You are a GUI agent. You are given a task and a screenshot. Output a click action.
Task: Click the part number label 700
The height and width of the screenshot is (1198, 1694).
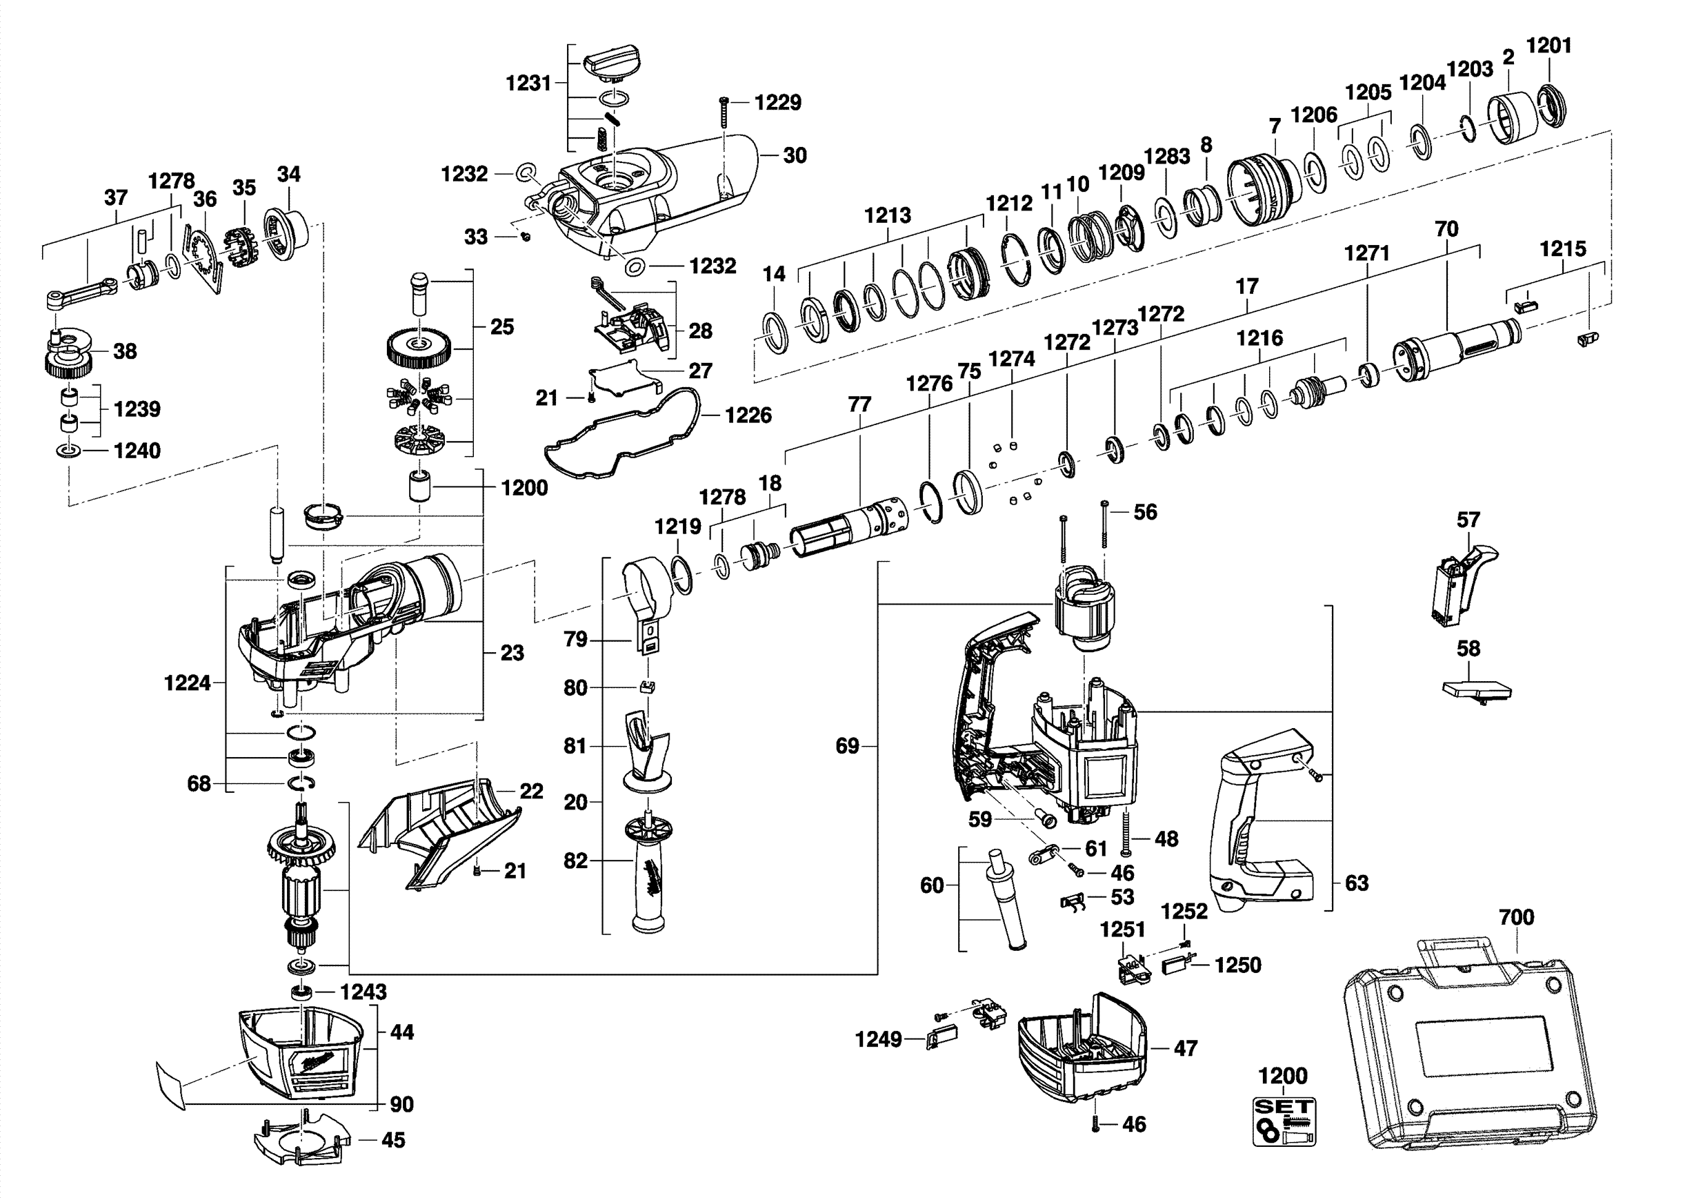[x=1516, y=918]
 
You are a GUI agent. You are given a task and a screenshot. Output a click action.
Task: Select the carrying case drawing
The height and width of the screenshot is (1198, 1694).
[x=1468, y=1048]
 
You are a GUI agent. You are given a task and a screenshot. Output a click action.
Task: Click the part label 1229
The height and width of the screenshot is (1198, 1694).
[x=777, y=103]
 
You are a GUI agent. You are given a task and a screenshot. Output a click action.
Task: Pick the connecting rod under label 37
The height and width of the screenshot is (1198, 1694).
[x=81, y=292]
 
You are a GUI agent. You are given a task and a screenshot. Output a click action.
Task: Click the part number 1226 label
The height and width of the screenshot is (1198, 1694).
[x=748, y=415]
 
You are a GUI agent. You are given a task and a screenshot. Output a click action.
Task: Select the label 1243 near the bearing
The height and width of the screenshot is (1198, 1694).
[x=363, y=992]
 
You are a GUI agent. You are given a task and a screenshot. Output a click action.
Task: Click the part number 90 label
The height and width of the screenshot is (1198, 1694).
[x=401, y=1104]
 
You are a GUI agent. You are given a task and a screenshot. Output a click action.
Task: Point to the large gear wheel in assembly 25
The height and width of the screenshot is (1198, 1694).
[x=419, y=348]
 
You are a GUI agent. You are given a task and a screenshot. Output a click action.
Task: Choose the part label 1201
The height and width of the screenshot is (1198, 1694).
[x=1548, y=46]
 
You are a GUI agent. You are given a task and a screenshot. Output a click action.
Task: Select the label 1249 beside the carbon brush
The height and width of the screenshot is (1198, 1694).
[x=878, y=1039]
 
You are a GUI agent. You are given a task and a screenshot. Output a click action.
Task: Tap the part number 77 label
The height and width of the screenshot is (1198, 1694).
[x=859, y=404]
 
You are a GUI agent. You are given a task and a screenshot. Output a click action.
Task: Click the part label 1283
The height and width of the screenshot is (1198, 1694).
[x=1166, y=157]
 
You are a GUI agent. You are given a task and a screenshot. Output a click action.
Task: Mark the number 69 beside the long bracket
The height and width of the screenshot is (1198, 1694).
[x=847, y=746]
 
